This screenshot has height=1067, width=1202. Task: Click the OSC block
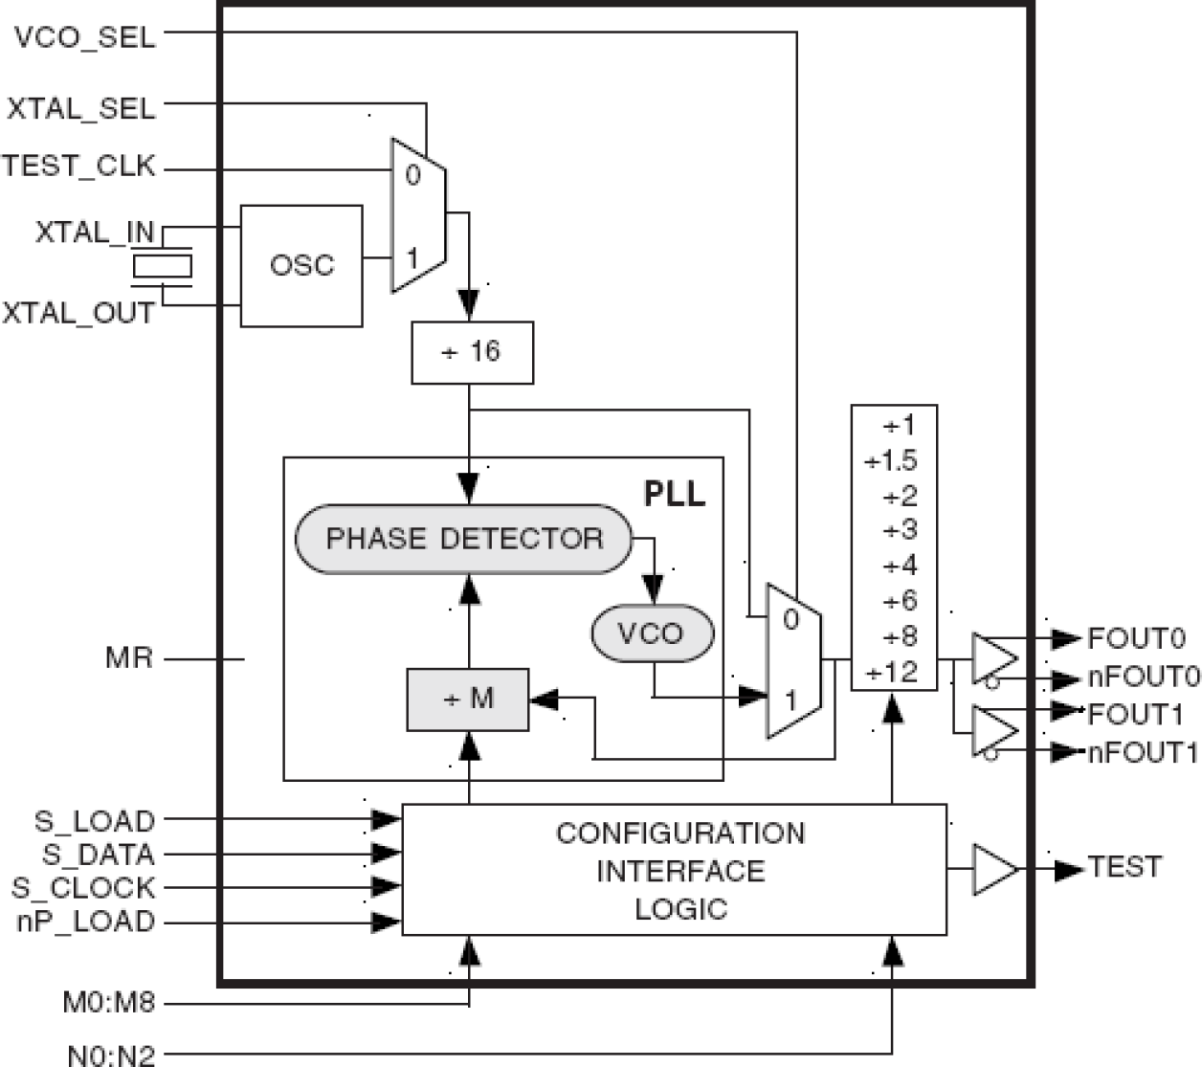[301, 265]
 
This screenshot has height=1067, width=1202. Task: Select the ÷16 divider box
[472, 352]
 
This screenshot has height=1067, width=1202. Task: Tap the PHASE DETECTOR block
[464, 539]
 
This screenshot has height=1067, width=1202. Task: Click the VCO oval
[652, 634]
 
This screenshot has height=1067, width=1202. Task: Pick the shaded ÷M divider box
[468, 700]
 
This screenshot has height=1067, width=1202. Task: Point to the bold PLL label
[674, 494]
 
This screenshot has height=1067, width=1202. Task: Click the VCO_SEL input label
[84, 37]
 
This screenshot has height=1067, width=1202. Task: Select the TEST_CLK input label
[78, 167]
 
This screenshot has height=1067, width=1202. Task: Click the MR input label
[129, 658]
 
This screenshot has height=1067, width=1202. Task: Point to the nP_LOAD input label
[85, 922]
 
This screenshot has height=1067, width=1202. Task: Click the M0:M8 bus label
[108, 1004]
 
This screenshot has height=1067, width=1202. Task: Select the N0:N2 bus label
[111, 1056]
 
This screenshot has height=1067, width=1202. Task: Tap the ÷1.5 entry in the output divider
[892, 461]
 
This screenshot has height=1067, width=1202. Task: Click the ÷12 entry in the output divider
[892, 673]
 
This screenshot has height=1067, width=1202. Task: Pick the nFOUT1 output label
[1143, 752]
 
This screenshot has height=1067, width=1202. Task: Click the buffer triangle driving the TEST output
[994, 869]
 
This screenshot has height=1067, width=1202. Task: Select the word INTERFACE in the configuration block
[680, 872]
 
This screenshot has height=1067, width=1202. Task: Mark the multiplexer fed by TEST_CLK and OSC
[418, 215]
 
